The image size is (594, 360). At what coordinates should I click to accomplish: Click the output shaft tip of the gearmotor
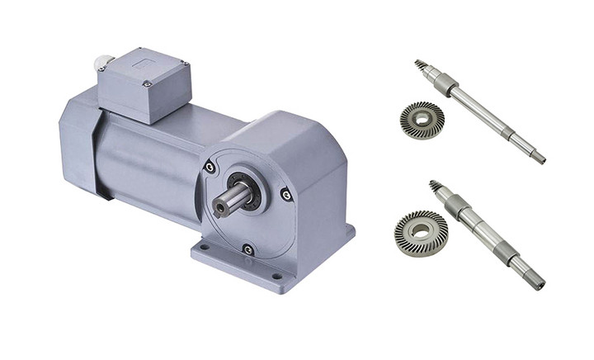(219, 206)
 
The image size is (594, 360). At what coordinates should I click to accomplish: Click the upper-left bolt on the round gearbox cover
(210, 168)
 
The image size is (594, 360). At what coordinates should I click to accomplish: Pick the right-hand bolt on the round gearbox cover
(285, 195)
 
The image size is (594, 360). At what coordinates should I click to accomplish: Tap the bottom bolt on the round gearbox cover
(248, 249)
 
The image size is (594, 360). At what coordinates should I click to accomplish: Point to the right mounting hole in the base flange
(276, 276)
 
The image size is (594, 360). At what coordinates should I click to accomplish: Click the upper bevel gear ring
(422, 121)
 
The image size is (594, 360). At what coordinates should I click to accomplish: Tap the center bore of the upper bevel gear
(422, 121)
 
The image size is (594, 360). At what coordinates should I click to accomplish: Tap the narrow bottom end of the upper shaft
(539, 157)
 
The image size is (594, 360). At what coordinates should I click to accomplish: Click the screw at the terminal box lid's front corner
(147, 83)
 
